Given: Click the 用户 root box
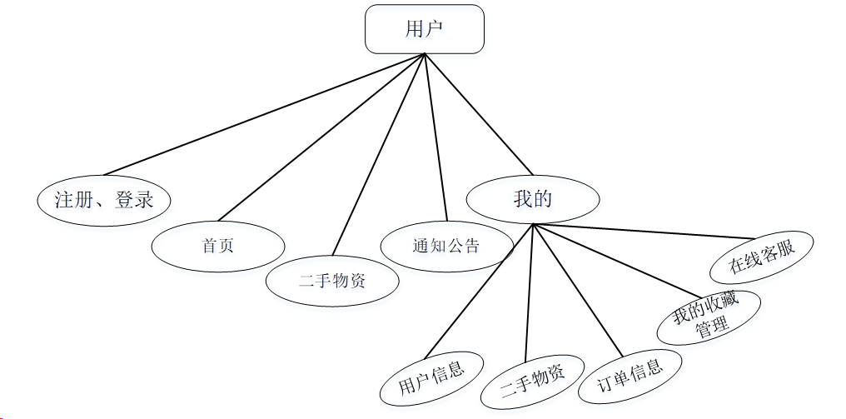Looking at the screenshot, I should tap(425, 29).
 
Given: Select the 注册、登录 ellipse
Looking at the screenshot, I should tap(104, 199).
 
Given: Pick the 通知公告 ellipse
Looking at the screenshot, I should tap(446, 246).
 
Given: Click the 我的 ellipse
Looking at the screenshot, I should tap(533, 199).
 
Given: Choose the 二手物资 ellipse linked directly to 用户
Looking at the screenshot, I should tap(332, 281).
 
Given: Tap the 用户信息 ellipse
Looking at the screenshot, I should tap(430, 376).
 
